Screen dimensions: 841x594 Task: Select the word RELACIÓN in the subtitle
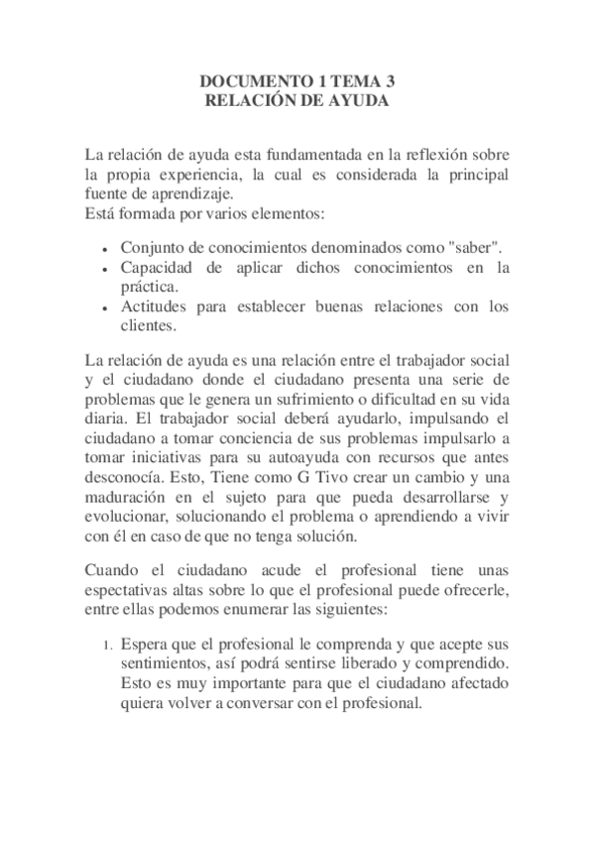(247, 100)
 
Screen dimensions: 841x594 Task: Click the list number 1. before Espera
(110, 646)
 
